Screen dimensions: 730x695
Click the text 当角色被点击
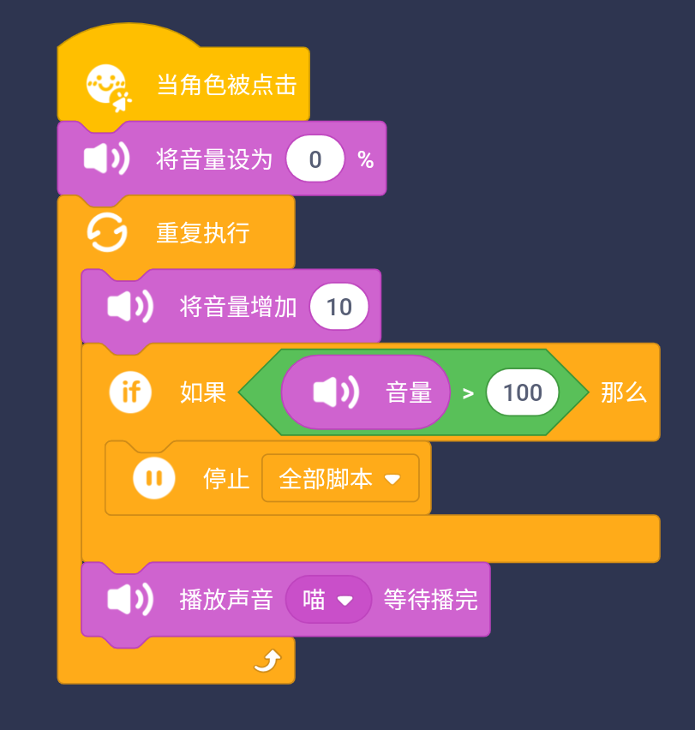(x=226, y=85)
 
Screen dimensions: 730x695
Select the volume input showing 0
(x=315, y=159)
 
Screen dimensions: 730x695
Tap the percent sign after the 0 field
(x=366, y=160)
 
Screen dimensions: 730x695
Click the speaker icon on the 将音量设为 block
(x=106, y=159)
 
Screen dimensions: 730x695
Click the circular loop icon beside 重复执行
(x=108, y=233)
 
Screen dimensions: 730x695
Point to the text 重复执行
(x=202, y=233)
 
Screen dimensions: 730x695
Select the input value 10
(x=339, y=307)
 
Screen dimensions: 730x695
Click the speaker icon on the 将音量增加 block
(x=130, y=307)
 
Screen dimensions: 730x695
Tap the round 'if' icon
(x=130, y=392)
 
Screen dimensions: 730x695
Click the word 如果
(x=203, y=392)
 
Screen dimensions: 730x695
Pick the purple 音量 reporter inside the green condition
(x=366, y=392)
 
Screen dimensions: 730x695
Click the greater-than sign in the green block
(x=468, y=393)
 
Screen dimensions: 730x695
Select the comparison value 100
(x=522, y=392)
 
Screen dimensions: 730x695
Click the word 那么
(x=623, y=392)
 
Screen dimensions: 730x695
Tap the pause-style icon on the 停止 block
(x=154, y=478)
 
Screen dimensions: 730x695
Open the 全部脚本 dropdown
(x=340, y=478)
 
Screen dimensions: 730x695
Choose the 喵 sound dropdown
(x=328, y=600)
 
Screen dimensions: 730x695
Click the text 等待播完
(x=430, y=600)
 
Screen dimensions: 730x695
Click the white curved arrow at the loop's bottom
(x=267, y=661)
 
